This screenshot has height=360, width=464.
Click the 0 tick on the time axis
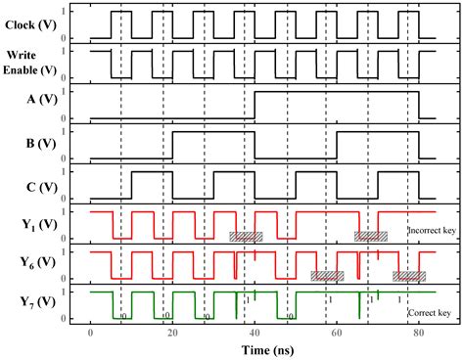(x=90, y=335)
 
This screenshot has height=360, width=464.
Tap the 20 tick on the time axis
(x=172, y=335)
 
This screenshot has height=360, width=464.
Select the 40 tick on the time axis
(x=255, y=335)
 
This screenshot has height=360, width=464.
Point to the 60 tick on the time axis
(x=337, y=335)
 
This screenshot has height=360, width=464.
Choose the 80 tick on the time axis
(x=418, y=335)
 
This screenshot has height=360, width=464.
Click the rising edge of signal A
(x=255, y=104)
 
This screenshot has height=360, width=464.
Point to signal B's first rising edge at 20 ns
(x=172, y=144)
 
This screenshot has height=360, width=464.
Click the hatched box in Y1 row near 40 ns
(x=246, y=236)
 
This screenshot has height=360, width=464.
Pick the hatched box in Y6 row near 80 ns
(x=409, y=276)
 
